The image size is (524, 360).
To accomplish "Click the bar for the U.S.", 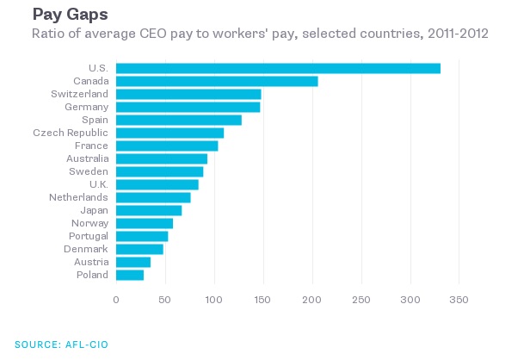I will pos(278,68).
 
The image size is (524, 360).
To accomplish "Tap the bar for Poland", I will pos(130,275).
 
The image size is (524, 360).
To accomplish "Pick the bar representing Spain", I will pos(179,120).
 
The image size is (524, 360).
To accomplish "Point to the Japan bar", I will pos(149,210).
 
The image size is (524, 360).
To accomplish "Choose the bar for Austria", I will pos(133,262).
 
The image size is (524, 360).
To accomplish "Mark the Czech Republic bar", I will pos(170,133).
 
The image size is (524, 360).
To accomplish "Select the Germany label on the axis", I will pos(86,107).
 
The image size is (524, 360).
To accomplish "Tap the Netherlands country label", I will pos(78,197).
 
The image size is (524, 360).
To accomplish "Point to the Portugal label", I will pos(89,236).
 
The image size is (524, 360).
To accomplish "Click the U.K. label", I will pos(97,184).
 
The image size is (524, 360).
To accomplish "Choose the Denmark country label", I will pos(86,249).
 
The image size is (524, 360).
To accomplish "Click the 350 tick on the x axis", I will pos(459,299).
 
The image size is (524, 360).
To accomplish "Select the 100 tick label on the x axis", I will pos(214,299).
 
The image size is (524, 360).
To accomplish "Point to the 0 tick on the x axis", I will pos(116,299).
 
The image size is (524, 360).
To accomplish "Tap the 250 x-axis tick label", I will pos(361,299).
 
